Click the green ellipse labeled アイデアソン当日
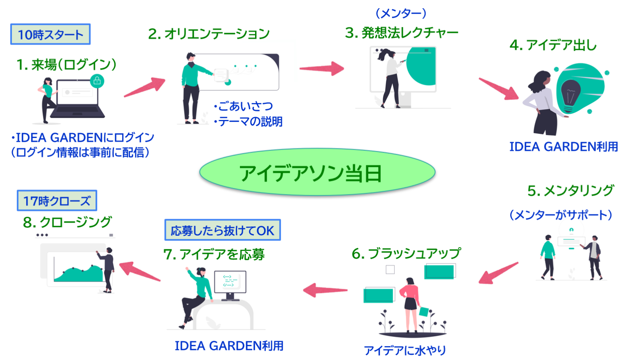(317, 172)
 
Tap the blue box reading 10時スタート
(50, 35)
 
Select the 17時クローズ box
(57, 201)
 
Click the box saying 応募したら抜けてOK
(222, 230)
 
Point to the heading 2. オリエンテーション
(209, 34)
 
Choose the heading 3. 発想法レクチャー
(402, 33)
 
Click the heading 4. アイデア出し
(553, 45)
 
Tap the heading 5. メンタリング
(571, 191)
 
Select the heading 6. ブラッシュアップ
(406, 253)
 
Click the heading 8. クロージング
(67, 222)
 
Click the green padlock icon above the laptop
(97, 80)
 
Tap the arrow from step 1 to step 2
(145, 87)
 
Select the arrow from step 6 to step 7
(325, 290)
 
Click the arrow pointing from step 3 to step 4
(499, 89)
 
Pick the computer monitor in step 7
(230, 282)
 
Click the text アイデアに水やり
(405, 350)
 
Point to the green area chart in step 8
(78, 274)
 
